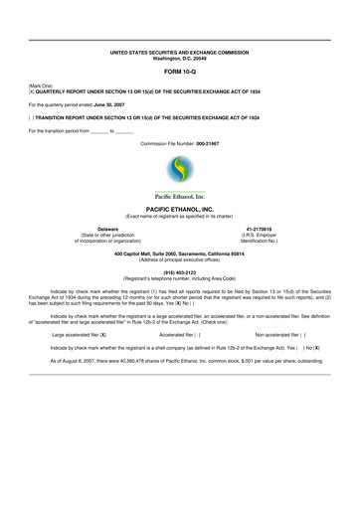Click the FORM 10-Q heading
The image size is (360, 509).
click(x=179, y=73)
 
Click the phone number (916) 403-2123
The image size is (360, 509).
click(x=179, y=271)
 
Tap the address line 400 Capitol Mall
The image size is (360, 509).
click(x=179, y=253)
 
